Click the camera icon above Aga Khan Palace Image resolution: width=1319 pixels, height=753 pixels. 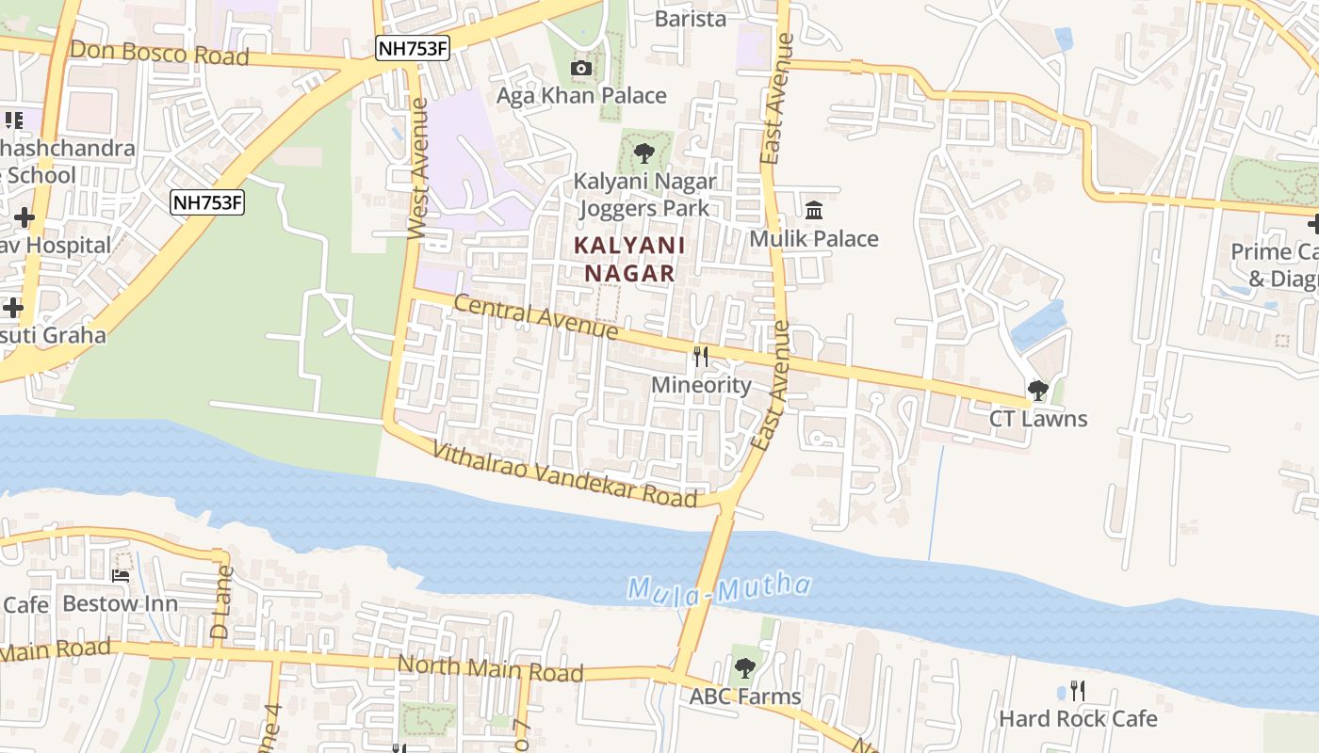tap(581, 68)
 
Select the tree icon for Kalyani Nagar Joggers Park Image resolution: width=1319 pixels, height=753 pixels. tap(644, 152)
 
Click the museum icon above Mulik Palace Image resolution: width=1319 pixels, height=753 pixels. tap(814, 209)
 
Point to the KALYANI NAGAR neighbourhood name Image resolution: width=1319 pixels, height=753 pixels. tap(629, 260)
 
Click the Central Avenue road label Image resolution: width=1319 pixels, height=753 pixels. tap(535, 317)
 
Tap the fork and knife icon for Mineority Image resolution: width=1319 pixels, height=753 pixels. tap(701, 356)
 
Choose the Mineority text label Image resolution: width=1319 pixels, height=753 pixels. tap(701, 385)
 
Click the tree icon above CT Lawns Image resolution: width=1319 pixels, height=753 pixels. tap(1038, 390)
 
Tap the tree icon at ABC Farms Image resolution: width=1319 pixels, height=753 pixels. tap(744, 668)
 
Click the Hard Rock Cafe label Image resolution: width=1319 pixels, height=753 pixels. tap(1078, 719)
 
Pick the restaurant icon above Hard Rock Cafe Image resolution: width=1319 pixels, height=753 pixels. tap(1078, 691)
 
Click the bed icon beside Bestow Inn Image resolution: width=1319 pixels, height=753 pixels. tap(121, 575)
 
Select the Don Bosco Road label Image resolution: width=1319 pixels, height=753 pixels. tap(159, 54)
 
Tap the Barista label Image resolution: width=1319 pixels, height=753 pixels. tap(691, 19)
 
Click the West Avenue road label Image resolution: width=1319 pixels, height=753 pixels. tap(418, 168)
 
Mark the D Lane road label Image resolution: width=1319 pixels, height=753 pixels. tap(221, 602)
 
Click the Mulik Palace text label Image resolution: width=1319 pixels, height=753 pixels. tap(814, 239)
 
